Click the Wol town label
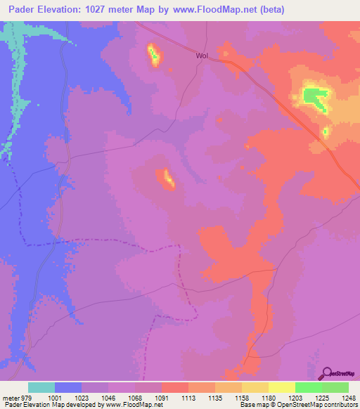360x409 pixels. [202, 55]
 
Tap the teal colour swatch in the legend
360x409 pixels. [41, 387]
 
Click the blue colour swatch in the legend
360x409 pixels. [68, 387]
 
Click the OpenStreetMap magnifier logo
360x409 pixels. [326, 374]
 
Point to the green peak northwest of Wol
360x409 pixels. [153, 55]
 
